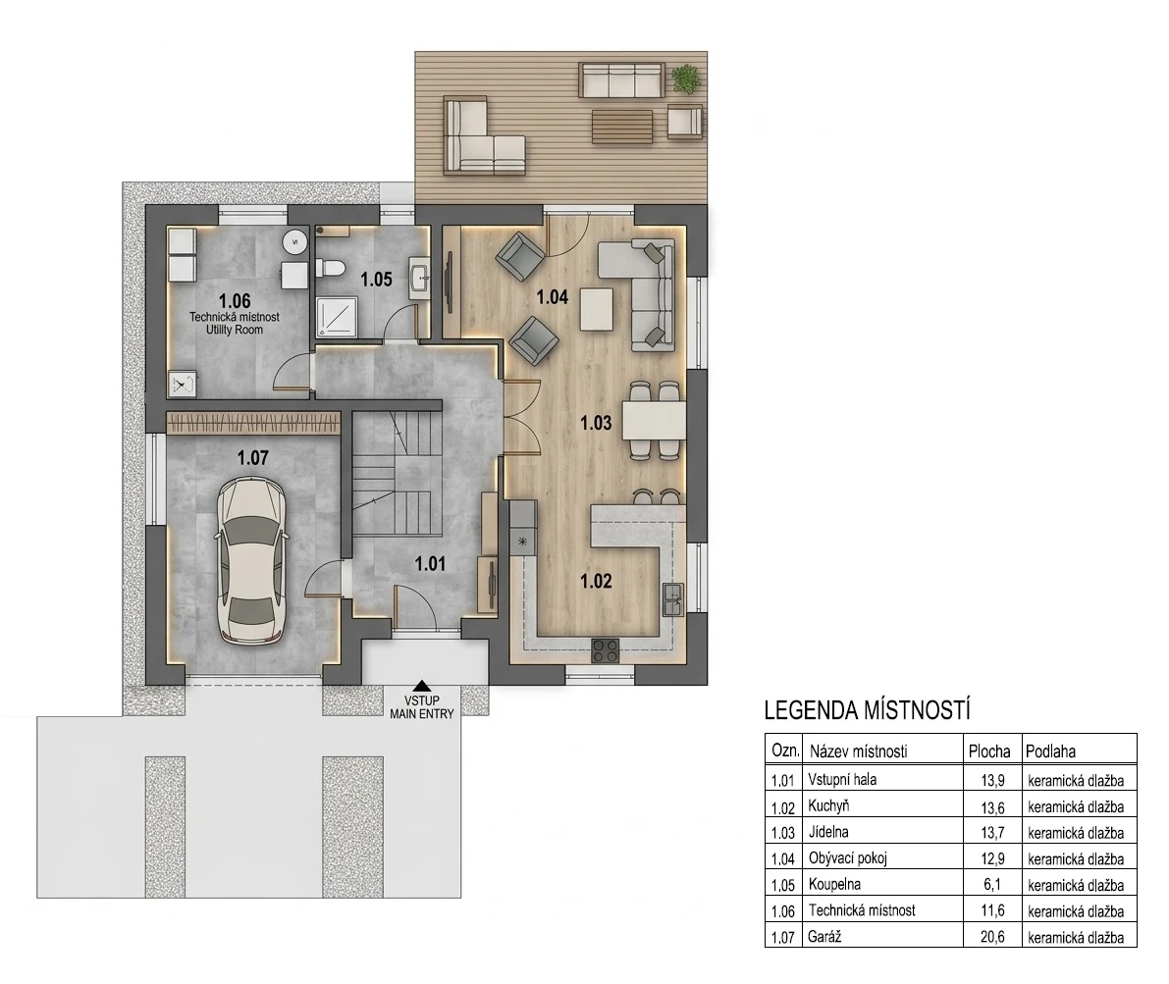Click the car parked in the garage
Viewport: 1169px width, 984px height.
point(251,560)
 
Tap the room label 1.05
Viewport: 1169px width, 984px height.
point(377,280)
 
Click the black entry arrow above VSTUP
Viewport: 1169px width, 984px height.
point(422,686)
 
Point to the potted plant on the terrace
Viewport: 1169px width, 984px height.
point(685,78)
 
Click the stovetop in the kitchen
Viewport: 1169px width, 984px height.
point(606,650)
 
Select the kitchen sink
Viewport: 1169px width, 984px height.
point(672,599)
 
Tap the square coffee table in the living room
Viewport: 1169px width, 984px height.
point(597,309)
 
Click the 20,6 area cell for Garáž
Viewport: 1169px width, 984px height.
point(992,937)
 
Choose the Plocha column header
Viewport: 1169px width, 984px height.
point(989,751)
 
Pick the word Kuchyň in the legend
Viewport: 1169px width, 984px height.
point(828,805)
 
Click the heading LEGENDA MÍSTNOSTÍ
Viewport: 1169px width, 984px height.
point(867,710)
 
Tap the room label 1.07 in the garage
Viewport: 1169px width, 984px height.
point(252,458)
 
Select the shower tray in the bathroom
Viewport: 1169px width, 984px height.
point(337,316)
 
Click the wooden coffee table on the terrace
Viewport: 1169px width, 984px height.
point(622,127)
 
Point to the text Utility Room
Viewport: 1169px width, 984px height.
point(235,330)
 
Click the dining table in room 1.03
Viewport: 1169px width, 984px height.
point(654,421)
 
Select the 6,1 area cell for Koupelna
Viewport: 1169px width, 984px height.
point(992,885)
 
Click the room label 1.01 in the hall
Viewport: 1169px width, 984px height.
point(430,564)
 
